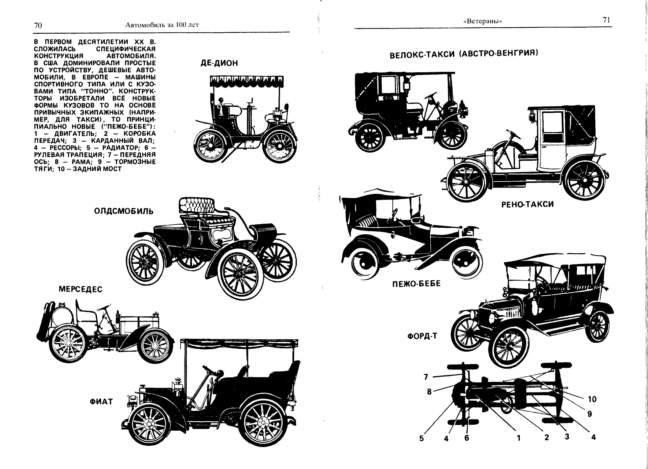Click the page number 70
[38, 26]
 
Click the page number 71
[606, 20]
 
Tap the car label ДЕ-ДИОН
[219, 63]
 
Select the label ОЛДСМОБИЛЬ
[124, 211]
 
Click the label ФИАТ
[101, 402]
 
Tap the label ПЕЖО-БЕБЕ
[416, 284]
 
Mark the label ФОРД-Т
[422, 336]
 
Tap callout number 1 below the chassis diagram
[519, 438]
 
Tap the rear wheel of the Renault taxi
[585, 180]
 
